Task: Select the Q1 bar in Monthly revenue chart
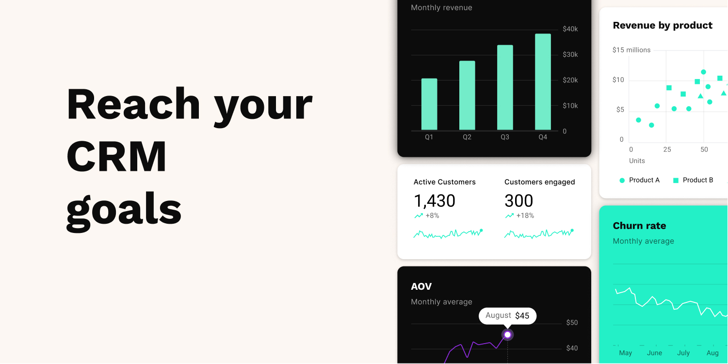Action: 429,104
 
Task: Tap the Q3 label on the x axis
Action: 505,137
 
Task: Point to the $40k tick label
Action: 570,29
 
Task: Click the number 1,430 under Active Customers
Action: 435,201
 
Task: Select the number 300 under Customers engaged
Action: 518,201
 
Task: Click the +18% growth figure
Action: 525,215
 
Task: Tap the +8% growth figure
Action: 432,215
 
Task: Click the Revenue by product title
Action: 663,25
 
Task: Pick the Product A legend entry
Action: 640,180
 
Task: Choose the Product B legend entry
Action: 694,180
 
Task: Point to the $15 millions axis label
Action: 631,50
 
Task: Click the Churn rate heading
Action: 639,226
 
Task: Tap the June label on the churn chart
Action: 655,353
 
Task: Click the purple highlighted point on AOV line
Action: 507,335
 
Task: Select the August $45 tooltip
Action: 507,315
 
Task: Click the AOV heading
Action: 421,286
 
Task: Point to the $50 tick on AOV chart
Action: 572,323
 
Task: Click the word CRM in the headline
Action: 116,156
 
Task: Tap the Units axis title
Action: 637,161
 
